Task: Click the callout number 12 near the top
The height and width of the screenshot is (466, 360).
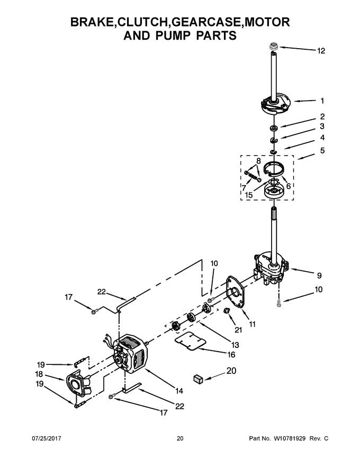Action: (x=321, y=51)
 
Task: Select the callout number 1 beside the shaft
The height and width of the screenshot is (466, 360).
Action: (x=322, y=100)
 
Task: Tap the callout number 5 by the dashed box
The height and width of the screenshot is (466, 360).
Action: (x=322, y=151)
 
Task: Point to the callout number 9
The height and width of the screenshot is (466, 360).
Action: (x=319, y=276)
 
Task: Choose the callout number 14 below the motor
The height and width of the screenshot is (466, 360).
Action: (x=179, y=391)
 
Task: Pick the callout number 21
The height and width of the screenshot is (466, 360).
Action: (x=238, y=330)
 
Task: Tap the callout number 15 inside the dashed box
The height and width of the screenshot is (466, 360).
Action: (x=248, y=196)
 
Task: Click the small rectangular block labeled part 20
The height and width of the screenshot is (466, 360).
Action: (x=199, y=378)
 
